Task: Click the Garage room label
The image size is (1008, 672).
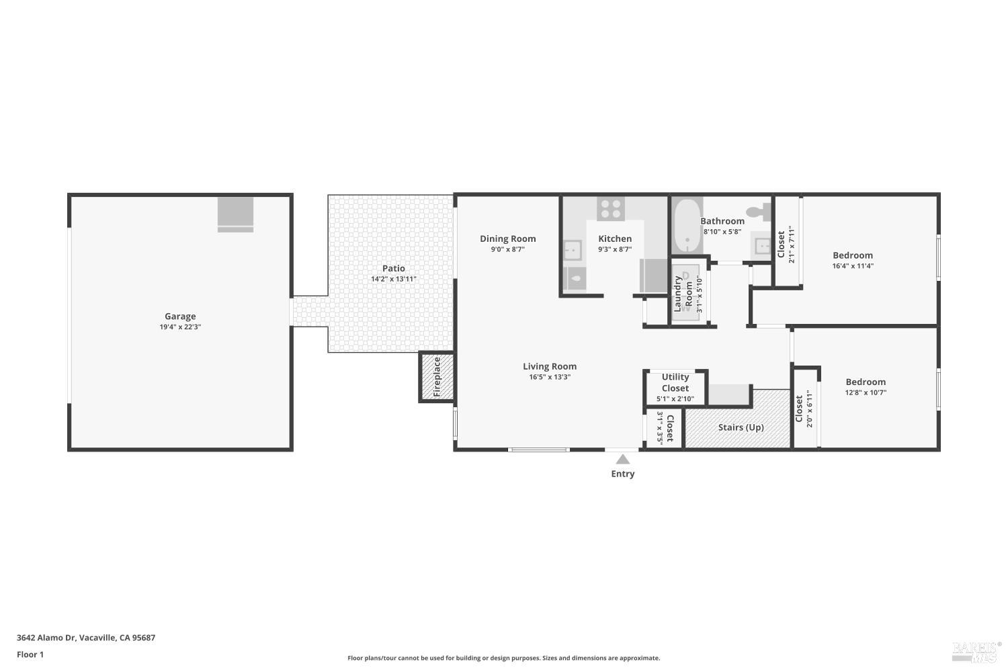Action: coord(180,316)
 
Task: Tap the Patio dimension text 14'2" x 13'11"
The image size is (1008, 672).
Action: coord(394,279)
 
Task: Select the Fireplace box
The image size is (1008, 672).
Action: coord(437,377)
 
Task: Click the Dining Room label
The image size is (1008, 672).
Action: coord(507,239)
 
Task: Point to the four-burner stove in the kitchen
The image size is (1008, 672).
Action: coord(610,208)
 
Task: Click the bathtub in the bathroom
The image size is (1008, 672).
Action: coord(687,224)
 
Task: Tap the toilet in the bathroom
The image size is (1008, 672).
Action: coord(759,211)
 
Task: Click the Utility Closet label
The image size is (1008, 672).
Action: coord(675,382)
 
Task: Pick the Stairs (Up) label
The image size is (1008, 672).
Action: coord(741,427)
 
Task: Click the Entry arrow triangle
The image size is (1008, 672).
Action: coord(623,460)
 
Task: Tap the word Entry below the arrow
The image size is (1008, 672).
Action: coord(623,474)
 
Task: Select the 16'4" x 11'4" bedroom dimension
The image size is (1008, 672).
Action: coord(853,266)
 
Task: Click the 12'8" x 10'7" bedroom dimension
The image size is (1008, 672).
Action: coord(866,392)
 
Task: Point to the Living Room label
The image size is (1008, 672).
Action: coord(550,366)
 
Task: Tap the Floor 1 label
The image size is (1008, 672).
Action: coord(30,655)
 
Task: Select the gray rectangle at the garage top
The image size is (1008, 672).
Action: coord(235,214)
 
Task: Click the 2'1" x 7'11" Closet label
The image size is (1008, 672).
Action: coord(781,245)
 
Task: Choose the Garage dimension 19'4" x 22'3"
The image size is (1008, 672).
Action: coord(180,327)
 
